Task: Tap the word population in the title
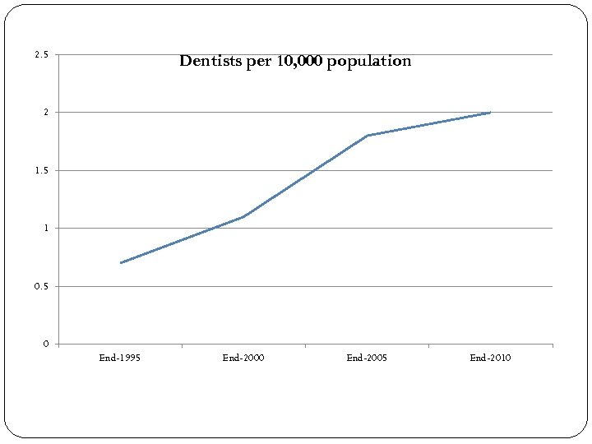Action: pos(369,62)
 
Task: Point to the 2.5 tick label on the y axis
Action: pos(41,55)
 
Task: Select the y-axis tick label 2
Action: pos(46,112)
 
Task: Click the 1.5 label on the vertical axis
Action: pos(41,170)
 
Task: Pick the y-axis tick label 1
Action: pos(46,228)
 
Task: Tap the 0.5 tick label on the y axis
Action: pos(41,286)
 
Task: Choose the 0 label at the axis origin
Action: pos(46,344)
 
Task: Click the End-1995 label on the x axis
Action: pos(120,358)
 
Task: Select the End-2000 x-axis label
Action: pos(243,358)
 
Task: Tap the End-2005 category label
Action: pos(367,358)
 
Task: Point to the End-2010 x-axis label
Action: pos(490,358)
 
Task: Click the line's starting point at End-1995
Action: pos(121,262)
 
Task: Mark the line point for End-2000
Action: pos(244,216)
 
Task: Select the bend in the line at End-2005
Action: pos(368,135)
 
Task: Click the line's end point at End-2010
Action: pos(490,112)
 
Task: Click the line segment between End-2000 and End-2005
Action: pos(306,176)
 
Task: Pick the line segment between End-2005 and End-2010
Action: pos(429,123)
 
